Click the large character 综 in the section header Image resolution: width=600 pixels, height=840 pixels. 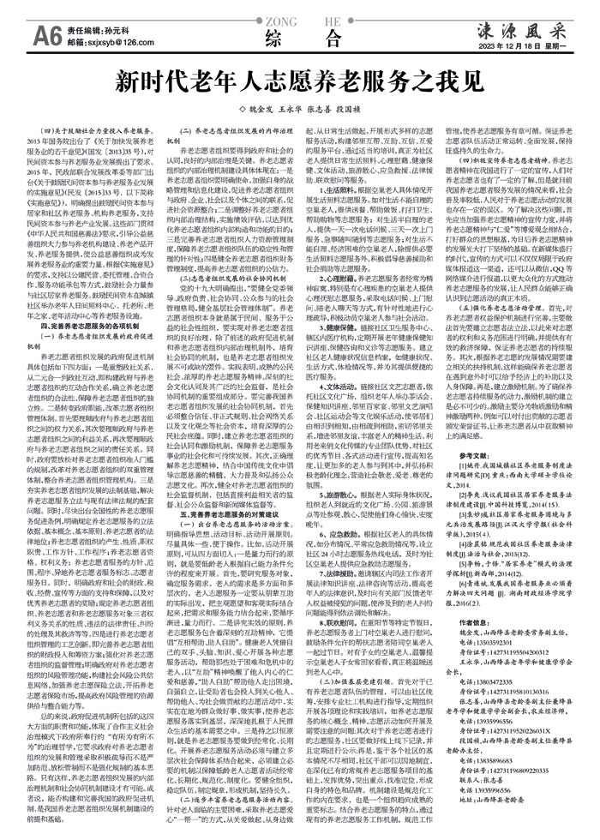pos(275,37)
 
